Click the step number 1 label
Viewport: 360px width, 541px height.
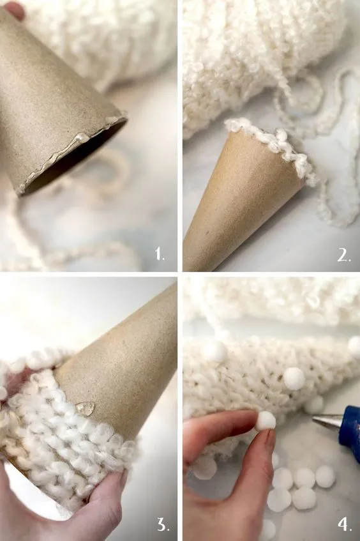coord(160,255)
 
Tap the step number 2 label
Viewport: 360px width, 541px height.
coord(344,255)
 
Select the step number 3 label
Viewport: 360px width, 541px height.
coord(163,525)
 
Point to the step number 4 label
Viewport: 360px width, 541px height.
coord(345,525)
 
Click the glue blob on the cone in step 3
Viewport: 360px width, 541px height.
coord(85,408)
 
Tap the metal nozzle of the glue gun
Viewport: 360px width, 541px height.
coord(327,420)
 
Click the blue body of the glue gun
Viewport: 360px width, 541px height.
coord(350,428)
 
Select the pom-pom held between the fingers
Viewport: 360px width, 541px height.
coord(264,420)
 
